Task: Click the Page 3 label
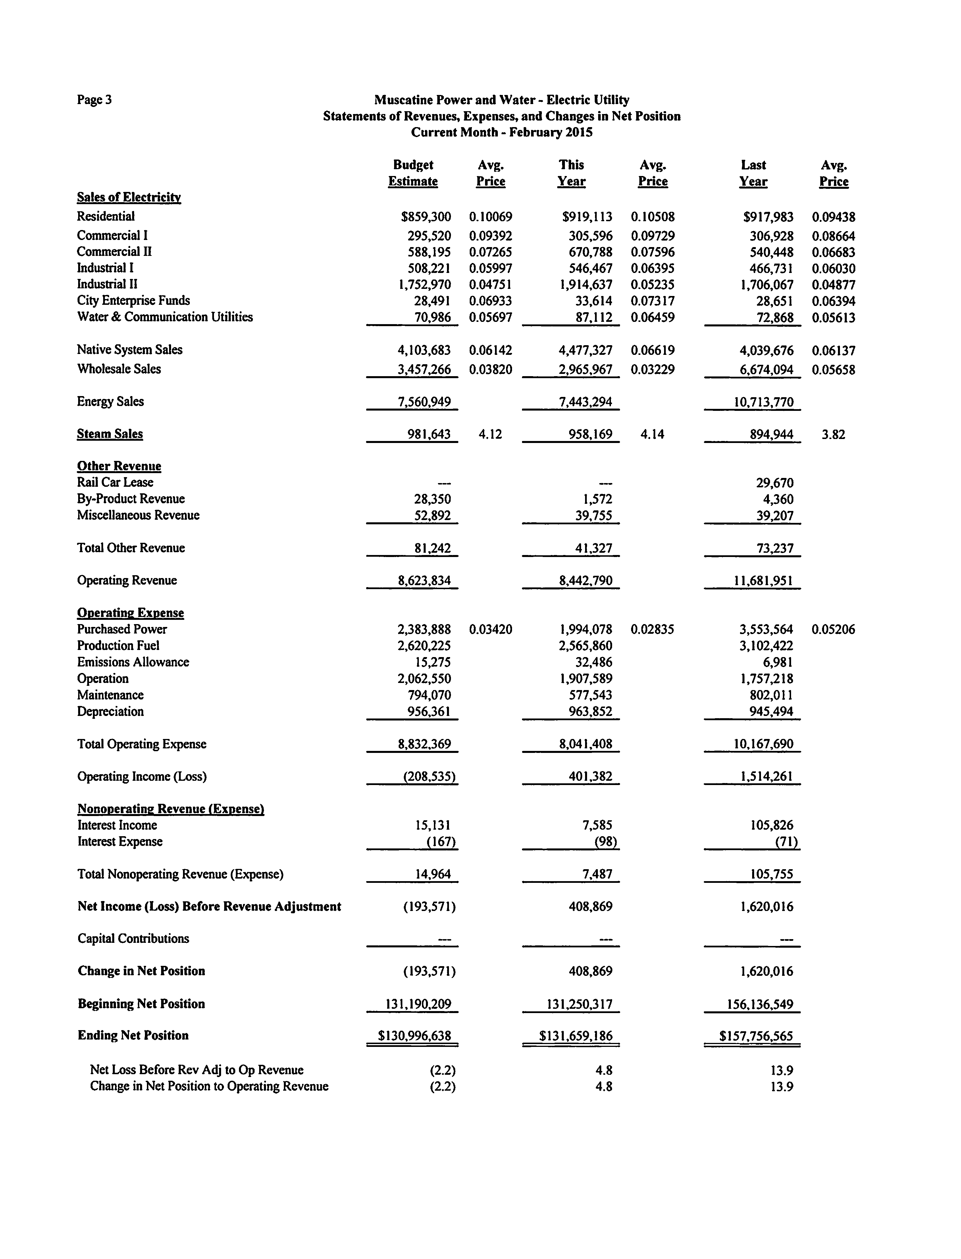coord(94,100)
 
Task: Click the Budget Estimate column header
coord(413,173)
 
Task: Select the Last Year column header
coord(753,173)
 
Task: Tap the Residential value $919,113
coord(587,217)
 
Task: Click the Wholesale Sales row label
coord(119,369)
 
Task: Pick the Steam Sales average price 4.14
coord(652,434)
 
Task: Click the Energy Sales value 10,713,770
coord(764,402)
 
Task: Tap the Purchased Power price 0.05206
coord(833,629)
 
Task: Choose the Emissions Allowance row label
coord(133,662)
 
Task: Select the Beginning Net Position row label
coord(141,1004)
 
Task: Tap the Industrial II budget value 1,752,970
coord(425,284)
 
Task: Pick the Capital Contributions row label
coord(133,939)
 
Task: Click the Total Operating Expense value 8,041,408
coord(586,744)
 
